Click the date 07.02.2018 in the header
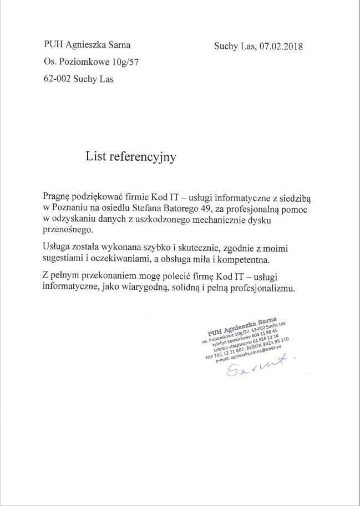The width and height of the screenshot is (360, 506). click(281, 47)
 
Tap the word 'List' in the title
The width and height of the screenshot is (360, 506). click(95, 157)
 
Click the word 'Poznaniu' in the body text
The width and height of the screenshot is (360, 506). click(69, 208)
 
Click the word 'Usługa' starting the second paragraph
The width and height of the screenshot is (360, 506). click(56, 246)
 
